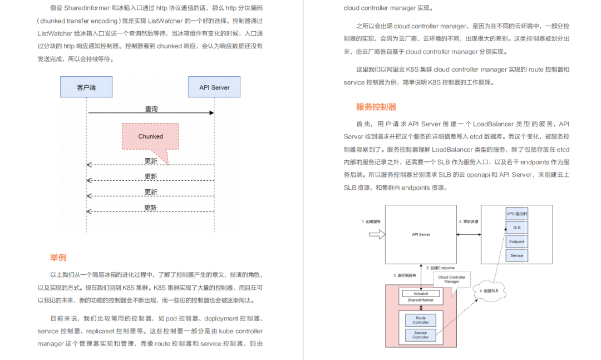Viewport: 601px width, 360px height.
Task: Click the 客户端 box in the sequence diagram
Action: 86,87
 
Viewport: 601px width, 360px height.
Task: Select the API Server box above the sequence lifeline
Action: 214,87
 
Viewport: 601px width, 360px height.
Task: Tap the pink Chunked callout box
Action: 151,136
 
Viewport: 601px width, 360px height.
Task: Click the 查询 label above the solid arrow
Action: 151,109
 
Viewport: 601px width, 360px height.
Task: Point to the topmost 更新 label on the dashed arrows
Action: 151,161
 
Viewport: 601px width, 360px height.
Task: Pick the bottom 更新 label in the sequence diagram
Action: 151,208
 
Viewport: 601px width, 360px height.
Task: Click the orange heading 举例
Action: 58,258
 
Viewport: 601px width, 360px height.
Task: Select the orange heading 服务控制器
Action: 376,107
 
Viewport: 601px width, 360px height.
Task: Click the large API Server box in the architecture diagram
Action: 421,234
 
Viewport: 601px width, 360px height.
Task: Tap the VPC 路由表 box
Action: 517,214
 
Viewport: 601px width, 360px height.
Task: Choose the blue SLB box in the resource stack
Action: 517,228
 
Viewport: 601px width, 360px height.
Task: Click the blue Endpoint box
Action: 517,241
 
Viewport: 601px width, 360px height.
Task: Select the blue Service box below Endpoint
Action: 517,255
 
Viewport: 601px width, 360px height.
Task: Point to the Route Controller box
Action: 421,320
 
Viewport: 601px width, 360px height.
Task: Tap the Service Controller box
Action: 421,335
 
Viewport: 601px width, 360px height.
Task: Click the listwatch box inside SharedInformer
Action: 421,293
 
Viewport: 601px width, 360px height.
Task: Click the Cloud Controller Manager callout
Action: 452,279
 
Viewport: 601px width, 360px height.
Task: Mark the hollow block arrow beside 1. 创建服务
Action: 377,235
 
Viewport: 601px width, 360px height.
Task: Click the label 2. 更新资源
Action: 469,221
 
